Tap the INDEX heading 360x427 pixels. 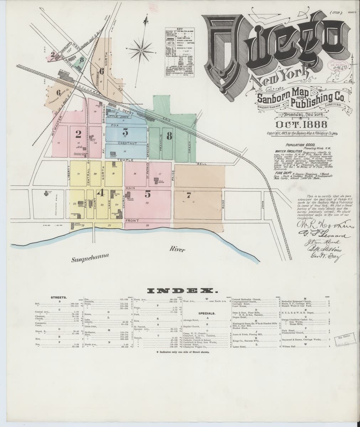(x=180, y=291)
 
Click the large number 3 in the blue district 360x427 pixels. (x=125, y=132)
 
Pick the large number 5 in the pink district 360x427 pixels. (x=147, y=194)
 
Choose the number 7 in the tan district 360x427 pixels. (x=189, y=195)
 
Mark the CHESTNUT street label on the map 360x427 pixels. (x=127, y=143)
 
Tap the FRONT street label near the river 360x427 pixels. (x=131, y=221)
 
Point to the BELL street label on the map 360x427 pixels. (x=201, y=163)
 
